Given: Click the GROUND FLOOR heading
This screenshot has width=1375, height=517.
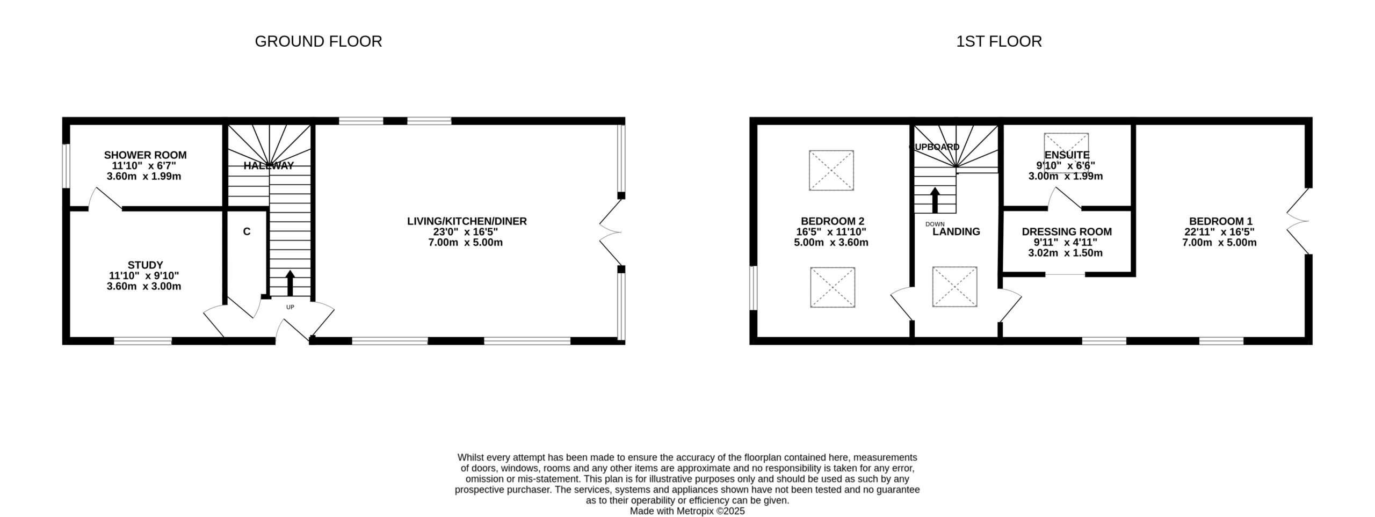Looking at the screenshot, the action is [x=318, y=41].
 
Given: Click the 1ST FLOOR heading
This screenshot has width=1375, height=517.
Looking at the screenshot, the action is [x=998, y=41].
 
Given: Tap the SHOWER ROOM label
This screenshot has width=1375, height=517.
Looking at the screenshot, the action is [x=145, y=155].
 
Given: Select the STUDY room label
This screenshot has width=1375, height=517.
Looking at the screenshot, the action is [x=145, y=265].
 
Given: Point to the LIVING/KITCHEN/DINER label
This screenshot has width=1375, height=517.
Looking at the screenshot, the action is [x=467, y=221].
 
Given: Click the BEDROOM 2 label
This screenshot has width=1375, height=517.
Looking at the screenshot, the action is [x=832, y=221].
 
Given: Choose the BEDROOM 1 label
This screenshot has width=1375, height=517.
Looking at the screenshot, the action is [x=1220, y=221].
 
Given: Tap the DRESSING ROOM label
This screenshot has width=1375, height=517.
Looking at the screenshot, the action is [x=1066, y=232].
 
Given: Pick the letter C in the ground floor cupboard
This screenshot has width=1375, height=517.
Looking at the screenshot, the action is [x=247, y=232].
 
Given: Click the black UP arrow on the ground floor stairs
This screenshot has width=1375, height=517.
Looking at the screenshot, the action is [x=290, y=283].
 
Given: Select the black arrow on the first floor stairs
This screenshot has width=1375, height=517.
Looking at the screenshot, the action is [x=935, y=200].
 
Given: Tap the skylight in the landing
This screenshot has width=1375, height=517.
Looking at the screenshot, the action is [x=954, y=287].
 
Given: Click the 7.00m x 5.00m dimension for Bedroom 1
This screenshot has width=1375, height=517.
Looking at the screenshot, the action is [x=1220, y=243].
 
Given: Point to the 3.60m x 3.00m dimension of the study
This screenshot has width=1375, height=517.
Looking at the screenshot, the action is [x=144, y=287].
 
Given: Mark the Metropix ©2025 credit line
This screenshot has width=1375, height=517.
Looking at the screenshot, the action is [x=687, y=511].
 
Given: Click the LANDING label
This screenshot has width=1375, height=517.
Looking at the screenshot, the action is [x=956, y=232].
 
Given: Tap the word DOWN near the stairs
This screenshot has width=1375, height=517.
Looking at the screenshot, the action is [x=935, y=224].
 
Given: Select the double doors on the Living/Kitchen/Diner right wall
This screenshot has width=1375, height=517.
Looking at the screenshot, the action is [x=611, y=232].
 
